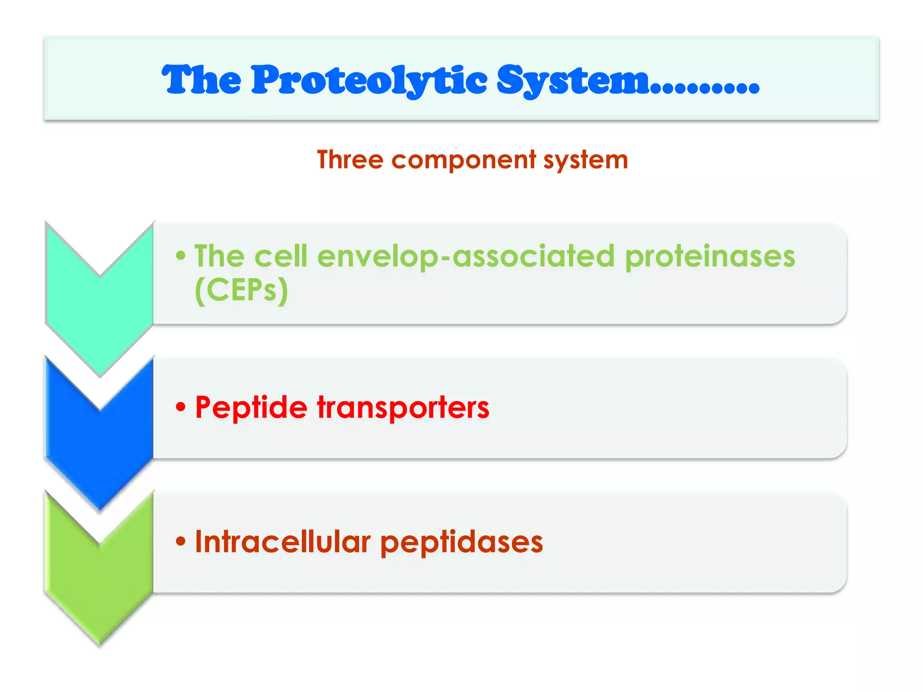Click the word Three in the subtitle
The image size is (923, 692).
coord(350,159)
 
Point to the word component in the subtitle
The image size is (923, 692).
coord(464,160)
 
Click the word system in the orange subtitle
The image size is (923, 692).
coord(585,160)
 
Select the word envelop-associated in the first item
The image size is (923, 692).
coord(466,256)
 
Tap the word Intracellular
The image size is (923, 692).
coord(283,542)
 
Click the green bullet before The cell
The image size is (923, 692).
coord(181,256)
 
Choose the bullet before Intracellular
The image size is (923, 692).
coord(181,541)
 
